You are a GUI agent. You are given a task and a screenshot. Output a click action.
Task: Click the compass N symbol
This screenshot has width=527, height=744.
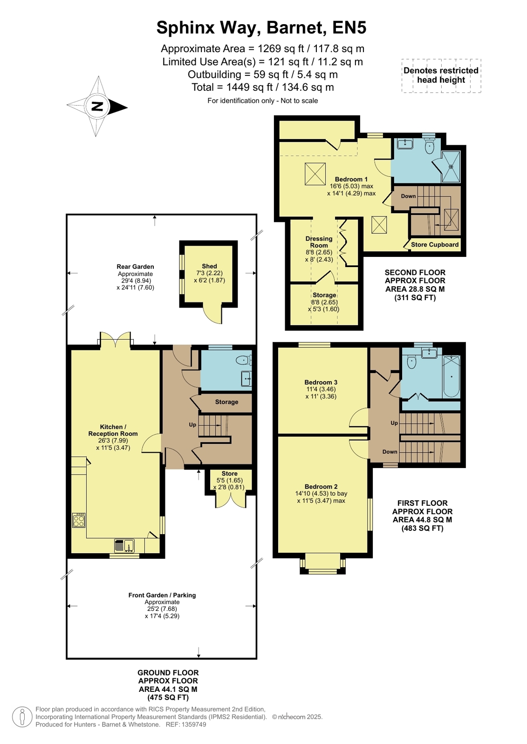click(x=97, y=106)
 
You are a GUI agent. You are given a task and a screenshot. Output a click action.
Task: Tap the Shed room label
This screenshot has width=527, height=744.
click(x=209, y=266)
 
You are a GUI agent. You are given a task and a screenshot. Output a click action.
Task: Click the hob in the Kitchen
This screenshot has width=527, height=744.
click(x=79, y=520)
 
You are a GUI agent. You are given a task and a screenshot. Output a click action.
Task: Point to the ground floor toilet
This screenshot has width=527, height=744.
click(x=243, y=360)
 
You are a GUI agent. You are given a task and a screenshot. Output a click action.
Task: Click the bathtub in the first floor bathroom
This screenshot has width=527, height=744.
click(x=451, y=376)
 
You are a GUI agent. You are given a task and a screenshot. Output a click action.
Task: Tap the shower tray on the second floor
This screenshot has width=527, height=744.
click(x=451, y=167)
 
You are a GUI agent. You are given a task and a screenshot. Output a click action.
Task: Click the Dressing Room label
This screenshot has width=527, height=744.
click(x=319, y=242)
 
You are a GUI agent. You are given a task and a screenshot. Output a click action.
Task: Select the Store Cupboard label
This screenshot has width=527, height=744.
click(x=435, y=244)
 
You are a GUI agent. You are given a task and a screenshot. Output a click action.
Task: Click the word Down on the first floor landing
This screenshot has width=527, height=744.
click(x=390, y=452)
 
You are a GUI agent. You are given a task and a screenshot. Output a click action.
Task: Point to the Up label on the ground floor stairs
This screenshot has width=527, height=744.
click(x=192, y=425)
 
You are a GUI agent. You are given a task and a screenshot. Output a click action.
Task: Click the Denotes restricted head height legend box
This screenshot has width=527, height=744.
click(x=441, y=76)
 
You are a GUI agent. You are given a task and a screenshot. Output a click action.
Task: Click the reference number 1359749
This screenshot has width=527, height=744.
click(x=193, y=724)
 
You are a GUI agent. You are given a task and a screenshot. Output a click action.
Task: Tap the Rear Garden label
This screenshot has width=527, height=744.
click(x=135, y=266)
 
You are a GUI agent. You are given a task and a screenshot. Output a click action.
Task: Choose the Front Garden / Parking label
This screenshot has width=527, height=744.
click(x=162, y=595)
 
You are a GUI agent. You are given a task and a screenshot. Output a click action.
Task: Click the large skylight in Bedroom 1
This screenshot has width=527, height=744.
click(x=315, y=174)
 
